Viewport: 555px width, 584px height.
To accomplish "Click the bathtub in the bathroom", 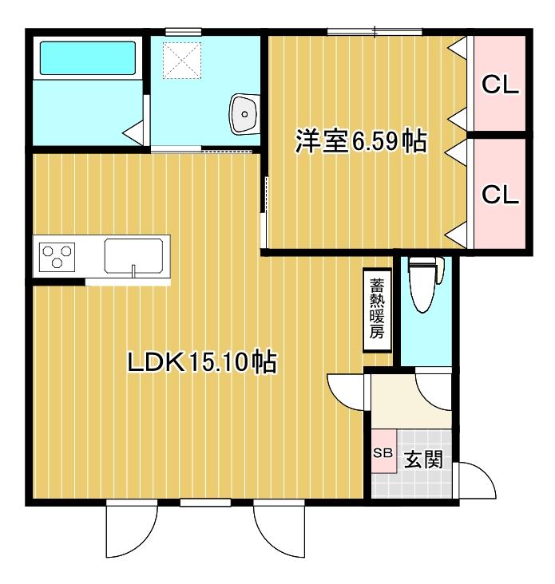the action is (x=88, y=58).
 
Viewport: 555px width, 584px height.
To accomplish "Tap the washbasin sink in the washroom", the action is (x=244, y=113).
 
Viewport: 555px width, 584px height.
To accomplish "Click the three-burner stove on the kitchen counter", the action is (x=57, y=257).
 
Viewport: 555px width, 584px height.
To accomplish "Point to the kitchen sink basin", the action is (x=133, y=256).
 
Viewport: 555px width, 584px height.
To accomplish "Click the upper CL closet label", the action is (x=500, y=85).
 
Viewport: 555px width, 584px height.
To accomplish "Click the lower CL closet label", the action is (x=500, y=194).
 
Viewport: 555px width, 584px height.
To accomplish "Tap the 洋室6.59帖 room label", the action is (x=361, y=140).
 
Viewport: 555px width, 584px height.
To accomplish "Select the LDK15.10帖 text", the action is (x=202, y=361).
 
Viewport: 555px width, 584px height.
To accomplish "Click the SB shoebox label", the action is (x=383, y=453).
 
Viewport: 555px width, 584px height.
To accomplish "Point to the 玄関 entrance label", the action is (x=424, y=459).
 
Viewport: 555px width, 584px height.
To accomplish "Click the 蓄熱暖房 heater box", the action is (x=377, y=310).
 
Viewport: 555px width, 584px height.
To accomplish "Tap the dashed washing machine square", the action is (x=182, y=61).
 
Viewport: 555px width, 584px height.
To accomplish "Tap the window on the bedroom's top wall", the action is (x=375, y=32).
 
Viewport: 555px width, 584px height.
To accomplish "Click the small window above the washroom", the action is (x=184, y=32).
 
